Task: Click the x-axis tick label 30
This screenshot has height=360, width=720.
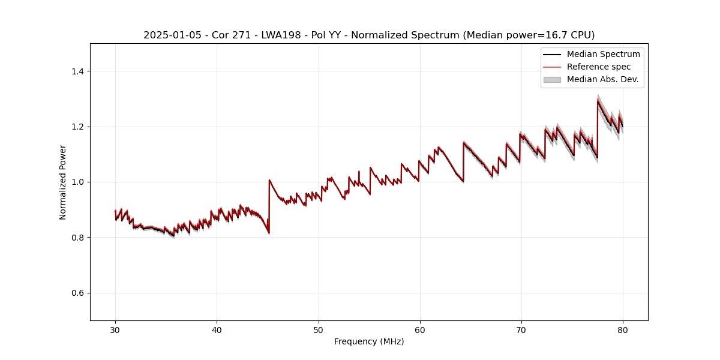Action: (x=115, y=329)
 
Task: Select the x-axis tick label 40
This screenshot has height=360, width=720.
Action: (x=217, y=329)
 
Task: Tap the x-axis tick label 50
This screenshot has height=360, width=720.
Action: (x=319, y=329)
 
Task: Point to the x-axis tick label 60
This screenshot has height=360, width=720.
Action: (x=420, y=329)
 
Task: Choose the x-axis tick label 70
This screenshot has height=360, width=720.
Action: (x=521, y=329)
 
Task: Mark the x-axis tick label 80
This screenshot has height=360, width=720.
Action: (x=623, y=329)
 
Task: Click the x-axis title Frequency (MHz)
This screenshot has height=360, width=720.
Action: (x=369, y=341)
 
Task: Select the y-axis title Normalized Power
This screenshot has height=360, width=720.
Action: (x=63, y=182)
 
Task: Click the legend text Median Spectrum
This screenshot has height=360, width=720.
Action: (x=603, y=54)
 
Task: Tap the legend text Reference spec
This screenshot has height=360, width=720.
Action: (x=599, y=67)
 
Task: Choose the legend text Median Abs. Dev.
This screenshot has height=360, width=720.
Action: (x=602, y=79)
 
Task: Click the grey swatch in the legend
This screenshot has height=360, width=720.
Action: (x=552, y=79)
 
